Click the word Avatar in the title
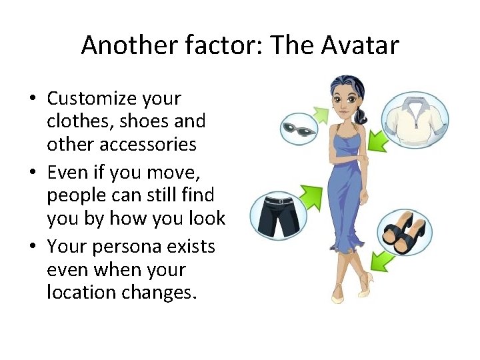361,45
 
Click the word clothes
73,121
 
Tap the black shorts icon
278,215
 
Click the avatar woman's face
346,101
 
